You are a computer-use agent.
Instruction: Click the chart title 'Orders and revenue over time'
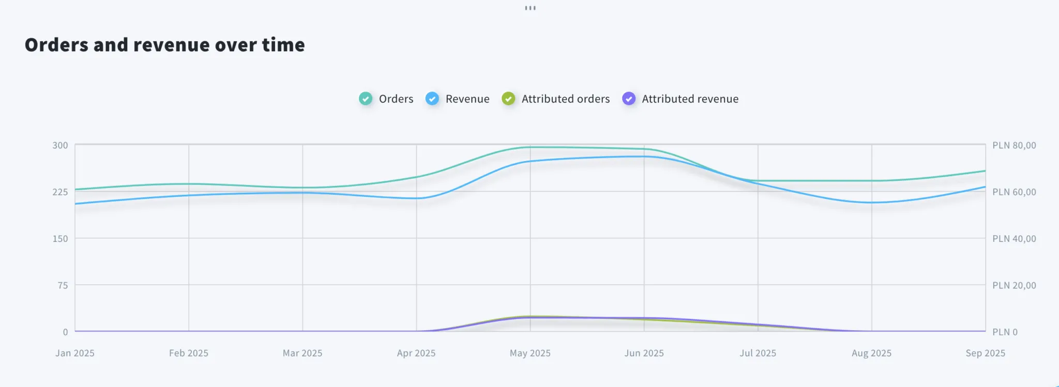click(x=164, y=45)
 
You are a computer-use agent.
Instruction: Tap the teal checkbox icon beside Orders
click(x=366, y=99)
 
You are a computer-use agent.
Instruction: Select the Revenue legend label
click(x=467, y=99)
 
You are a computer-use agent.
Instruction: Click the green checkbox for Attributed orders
click(x=508, y=99)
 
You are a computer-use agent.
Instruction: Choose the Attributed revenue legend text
click(x=690, y=99)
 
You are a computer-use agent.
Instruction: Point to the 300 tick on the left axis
click(x=60, y=145)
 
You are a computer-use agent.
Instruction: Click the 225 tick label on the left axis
click(x=60, y=192)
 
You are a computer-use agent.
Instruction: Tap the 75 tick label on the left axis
click(x=63, y=285)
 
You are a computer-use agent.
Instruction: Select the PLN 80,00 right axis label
click(x=1013, y=145)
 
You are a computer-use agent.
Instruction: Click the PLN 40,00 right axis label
click(x=1013, y=239)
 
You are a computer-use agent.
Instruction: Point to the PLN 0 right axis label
click(x=1005, y=332)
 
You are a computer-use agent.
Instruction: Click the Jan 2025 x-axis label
click(x=75, y=353)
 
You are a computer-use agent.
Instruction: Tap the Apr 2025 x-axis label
click(x=416, y=353)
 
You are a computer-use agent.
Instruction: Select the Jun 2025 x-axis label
click(x=644, y=353)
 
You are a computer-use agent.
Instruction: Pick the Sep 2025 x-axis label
click(x=985, y=353)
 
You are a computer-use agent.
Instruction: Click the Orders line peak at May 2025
click(x=530, y=147)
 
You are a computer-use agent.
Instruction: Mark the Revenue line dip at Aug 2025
click(x=872, y=202)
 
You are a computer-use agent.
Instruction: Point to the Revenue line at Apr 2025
click(x=417, y=198)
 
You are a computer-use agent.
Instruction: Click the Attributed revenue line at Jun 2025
click(x=644, y=318)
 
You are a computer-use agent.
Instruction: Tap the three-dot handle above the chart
click(x=530, y=8)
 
